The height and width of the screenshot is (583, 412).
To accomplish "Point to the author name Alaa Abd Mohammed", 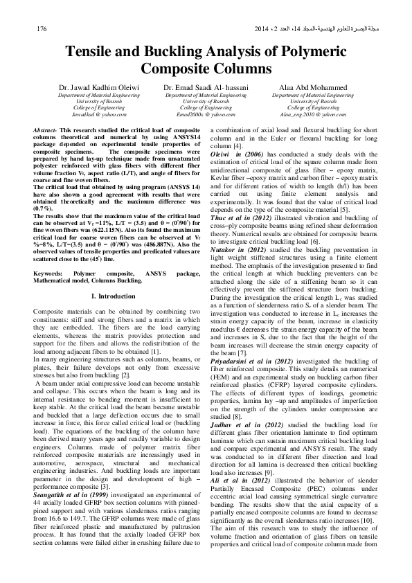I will pyautogui.click(x=314, y=89).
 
